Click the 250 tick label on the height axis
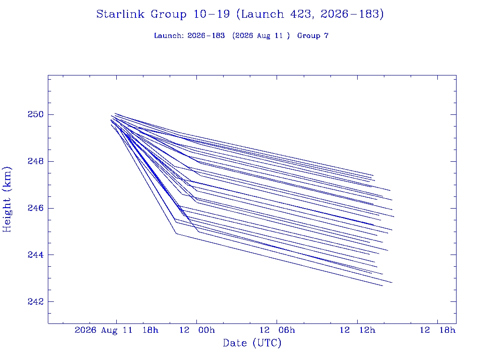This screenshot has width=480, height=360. (x=36, y=114)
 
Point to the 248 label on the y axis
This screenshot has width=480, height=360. (x=36, y=161)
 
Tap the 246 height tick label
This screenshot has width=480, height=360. (x=36, y=208)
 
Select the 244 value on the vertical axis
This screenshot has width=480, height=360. (x=36, y=255)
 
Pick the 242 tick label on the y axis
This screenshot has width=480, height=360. (x=36, y=301)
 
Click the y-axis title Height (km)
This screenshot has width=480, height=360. (x=7, y=199)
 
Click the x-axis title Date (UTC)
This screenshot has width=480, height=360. (x=252, y=343)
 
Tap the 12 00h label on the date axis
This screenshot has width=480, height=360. (x=197, y=330)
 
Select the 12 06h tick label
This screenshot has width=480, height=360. (x=277, y=330)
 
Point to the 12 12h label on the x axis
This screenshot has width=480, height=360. (x=357, y=330)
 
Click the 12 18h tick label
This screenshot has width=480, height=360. (x=437, y=330)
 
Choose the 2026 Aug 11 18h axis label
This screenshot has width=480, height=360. (x=117, y=330)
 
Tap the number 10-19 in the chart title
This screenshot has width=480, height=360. (x=211, y=14)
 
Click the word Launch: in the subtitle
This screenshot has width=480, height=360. (x=169, y=36)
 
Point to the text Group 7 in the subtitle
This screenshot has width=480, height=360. (x=313, y=36)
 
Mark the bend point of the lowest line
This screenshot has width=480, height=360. (x=176, y=234)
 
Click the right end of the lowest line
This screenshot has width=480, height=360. (x=382, y=286)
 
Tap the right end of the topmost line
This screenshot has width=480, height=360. (x=374, y=175)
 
